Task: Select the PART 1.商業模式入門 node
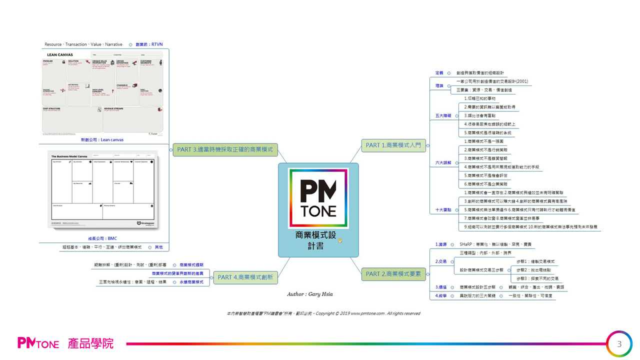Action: (393, 145)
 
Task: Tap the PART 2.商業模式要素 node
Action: (393, 274)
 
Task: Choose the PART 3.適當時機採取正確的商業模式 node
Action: (225, 149)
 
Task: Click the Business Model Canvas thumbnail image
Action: (103, 189)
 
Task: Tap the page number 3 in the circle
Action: (619, 344)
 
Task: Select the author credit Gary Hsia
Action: (309, 294)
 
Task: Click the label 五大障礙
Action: (443, 115)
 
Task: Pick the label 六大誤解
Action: (443, 163)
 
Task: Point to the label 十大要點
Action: (443, 210)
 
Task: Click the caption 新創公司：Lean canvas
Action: (102, 140)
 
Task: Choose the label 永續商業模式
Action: (191, 282)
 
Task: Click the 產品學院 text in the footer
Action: (91, 344)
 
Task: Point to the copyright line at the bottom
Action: (323, 313)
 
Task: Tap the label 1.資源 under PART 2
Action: (440, 244)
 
